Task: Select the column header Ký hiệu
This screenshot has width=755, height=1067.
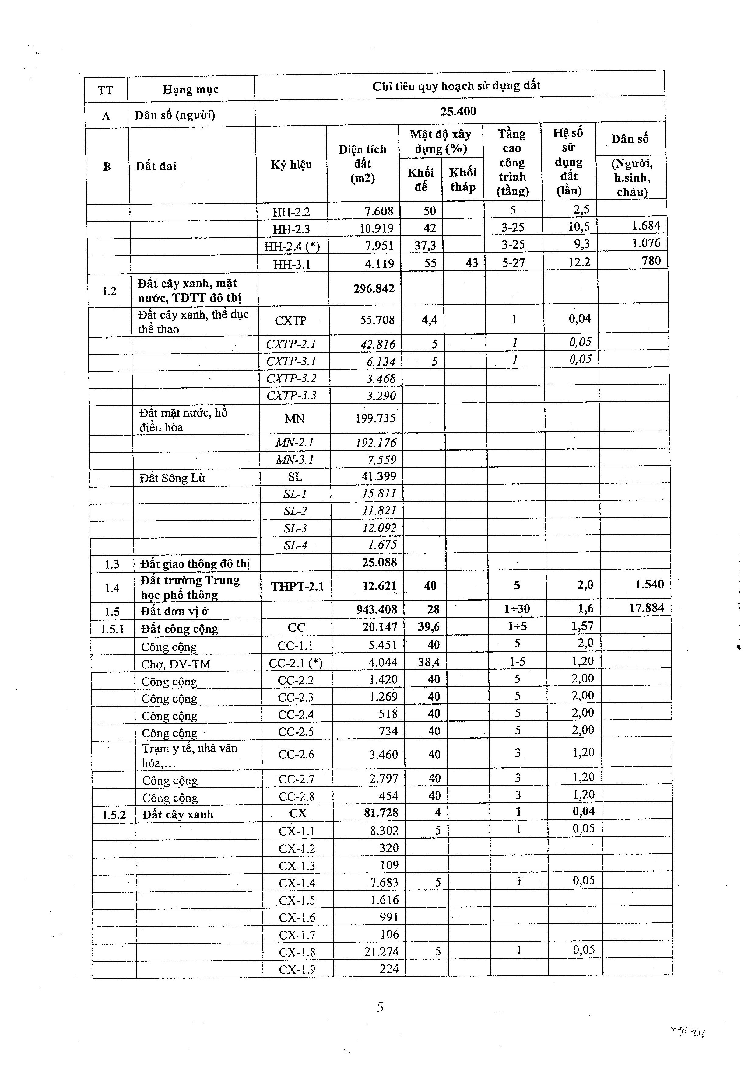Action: pos(291,165)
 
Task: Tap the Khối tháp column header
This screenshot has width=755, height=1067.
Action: pos(462,180)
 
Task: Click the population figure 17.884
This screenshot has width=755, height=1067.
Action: pos(646,608)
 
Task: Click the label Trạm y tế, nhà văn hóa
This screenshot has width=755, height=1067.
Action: pos(190,756)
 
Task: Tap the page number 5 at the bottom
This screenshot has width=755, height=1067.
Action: pos(380,1007)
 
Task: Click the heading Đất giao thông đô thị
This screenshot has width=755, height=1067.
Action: pos(195,564)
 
